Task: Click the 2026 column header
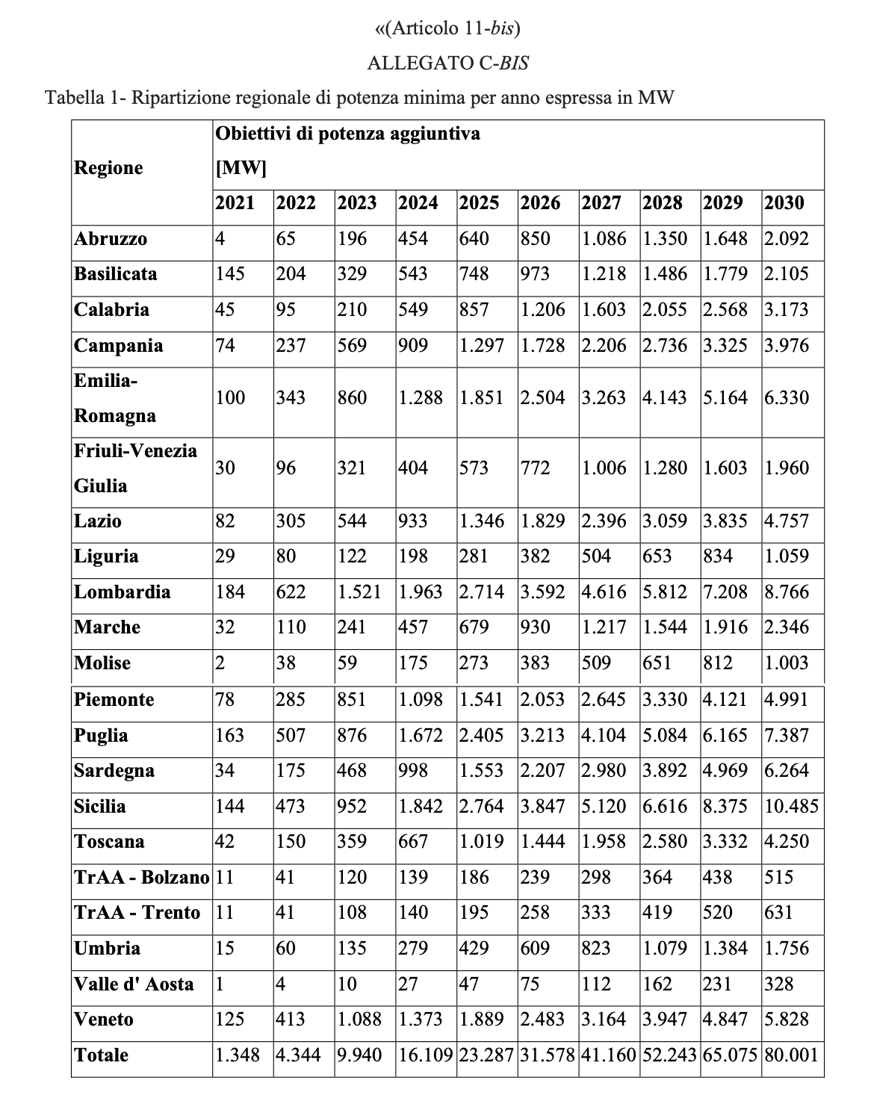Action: point(540,203)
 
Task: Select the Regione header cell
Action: point(108,167)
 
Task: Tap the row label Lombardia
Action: point(123,592)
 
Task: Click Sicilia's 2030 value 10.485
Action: point(791,807)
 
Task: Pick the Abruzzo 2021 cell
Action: point(220,239)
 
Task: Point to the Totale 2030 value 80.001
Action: point(791,1055)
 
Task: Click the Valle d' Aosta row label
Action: point(134,984)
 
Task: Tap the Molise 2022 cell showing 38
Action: point(286,663)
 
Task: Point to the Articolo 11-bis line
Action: point(447,28)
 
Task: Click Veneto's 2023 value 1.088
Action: point(359,1020)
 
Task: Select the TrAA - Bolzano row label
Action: point(141,878)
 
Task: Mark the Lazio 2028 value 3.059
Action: point(665,521)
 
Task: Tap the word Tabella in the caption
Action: point(72,98)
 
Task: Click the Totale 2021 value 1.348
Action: point(238,1055)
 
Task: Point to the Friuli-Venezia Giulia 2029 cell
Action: point(725,468)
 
